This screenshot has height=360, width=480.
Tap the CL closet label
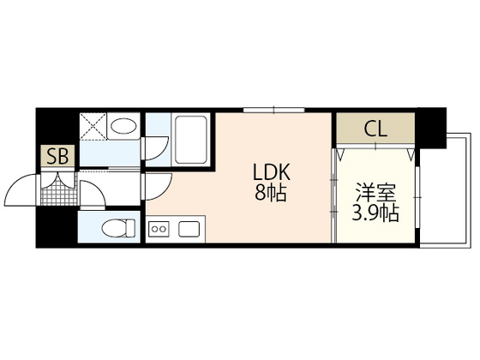tap(375, 129)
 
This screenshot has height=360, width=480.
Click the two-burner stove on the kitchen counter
tap(160, 229)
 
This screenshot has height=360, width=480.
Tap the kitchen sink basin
tap(188, 229)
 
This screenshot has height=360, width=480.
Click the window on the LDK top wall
tap(274, 110)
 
